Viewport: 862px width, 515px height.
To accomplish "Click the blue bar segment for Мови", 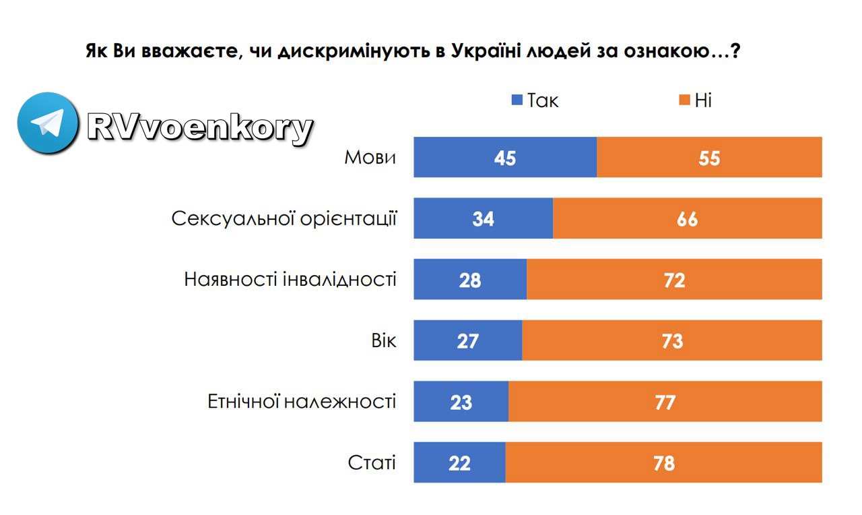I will pos(505,157).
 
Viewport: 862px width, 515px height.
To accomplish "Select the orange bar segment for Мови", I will pos(709,157).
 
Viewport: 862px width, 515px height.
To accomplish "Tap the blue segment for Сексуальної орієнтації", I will pos(483,218).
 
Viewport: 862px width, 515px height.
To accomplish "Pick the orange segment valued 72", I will pos(674,280).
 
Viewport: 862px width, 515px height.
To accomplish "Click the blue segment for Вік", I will pos(467,340).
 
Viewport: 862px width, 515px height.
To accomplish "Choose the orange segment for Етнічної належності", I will pos(665,402).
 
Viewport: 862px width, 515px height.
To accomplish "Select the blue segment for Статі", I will pos(459,463).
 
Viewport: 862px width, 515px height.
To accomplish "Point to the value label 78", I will pos(663,463).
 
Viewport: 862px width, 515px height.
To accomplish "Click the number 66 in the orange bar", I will pos(687,219).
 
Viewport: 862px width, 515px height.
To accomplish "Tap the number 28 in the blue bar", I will pos(469,280).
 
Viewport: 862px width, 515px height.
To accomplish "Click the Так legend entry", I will pos(536,101).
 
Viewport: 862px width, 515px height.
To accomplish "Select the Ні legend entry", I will pos(696,101).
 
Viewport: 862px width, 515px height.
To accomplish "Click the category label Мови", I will pos(370,158).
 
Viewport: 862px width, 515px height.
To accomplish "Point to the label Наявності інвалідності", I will pos(290,280).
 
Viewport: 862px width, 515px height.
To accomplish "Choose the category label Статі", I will pos(372,463).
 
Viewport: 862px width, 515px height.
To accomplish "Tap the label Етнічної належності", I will pos(301,402).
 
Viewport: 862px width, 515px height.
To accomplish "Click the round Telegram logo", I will pos(48,123).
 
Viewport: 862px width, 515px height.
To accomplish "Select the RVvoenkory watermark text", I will pos(200,127).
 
